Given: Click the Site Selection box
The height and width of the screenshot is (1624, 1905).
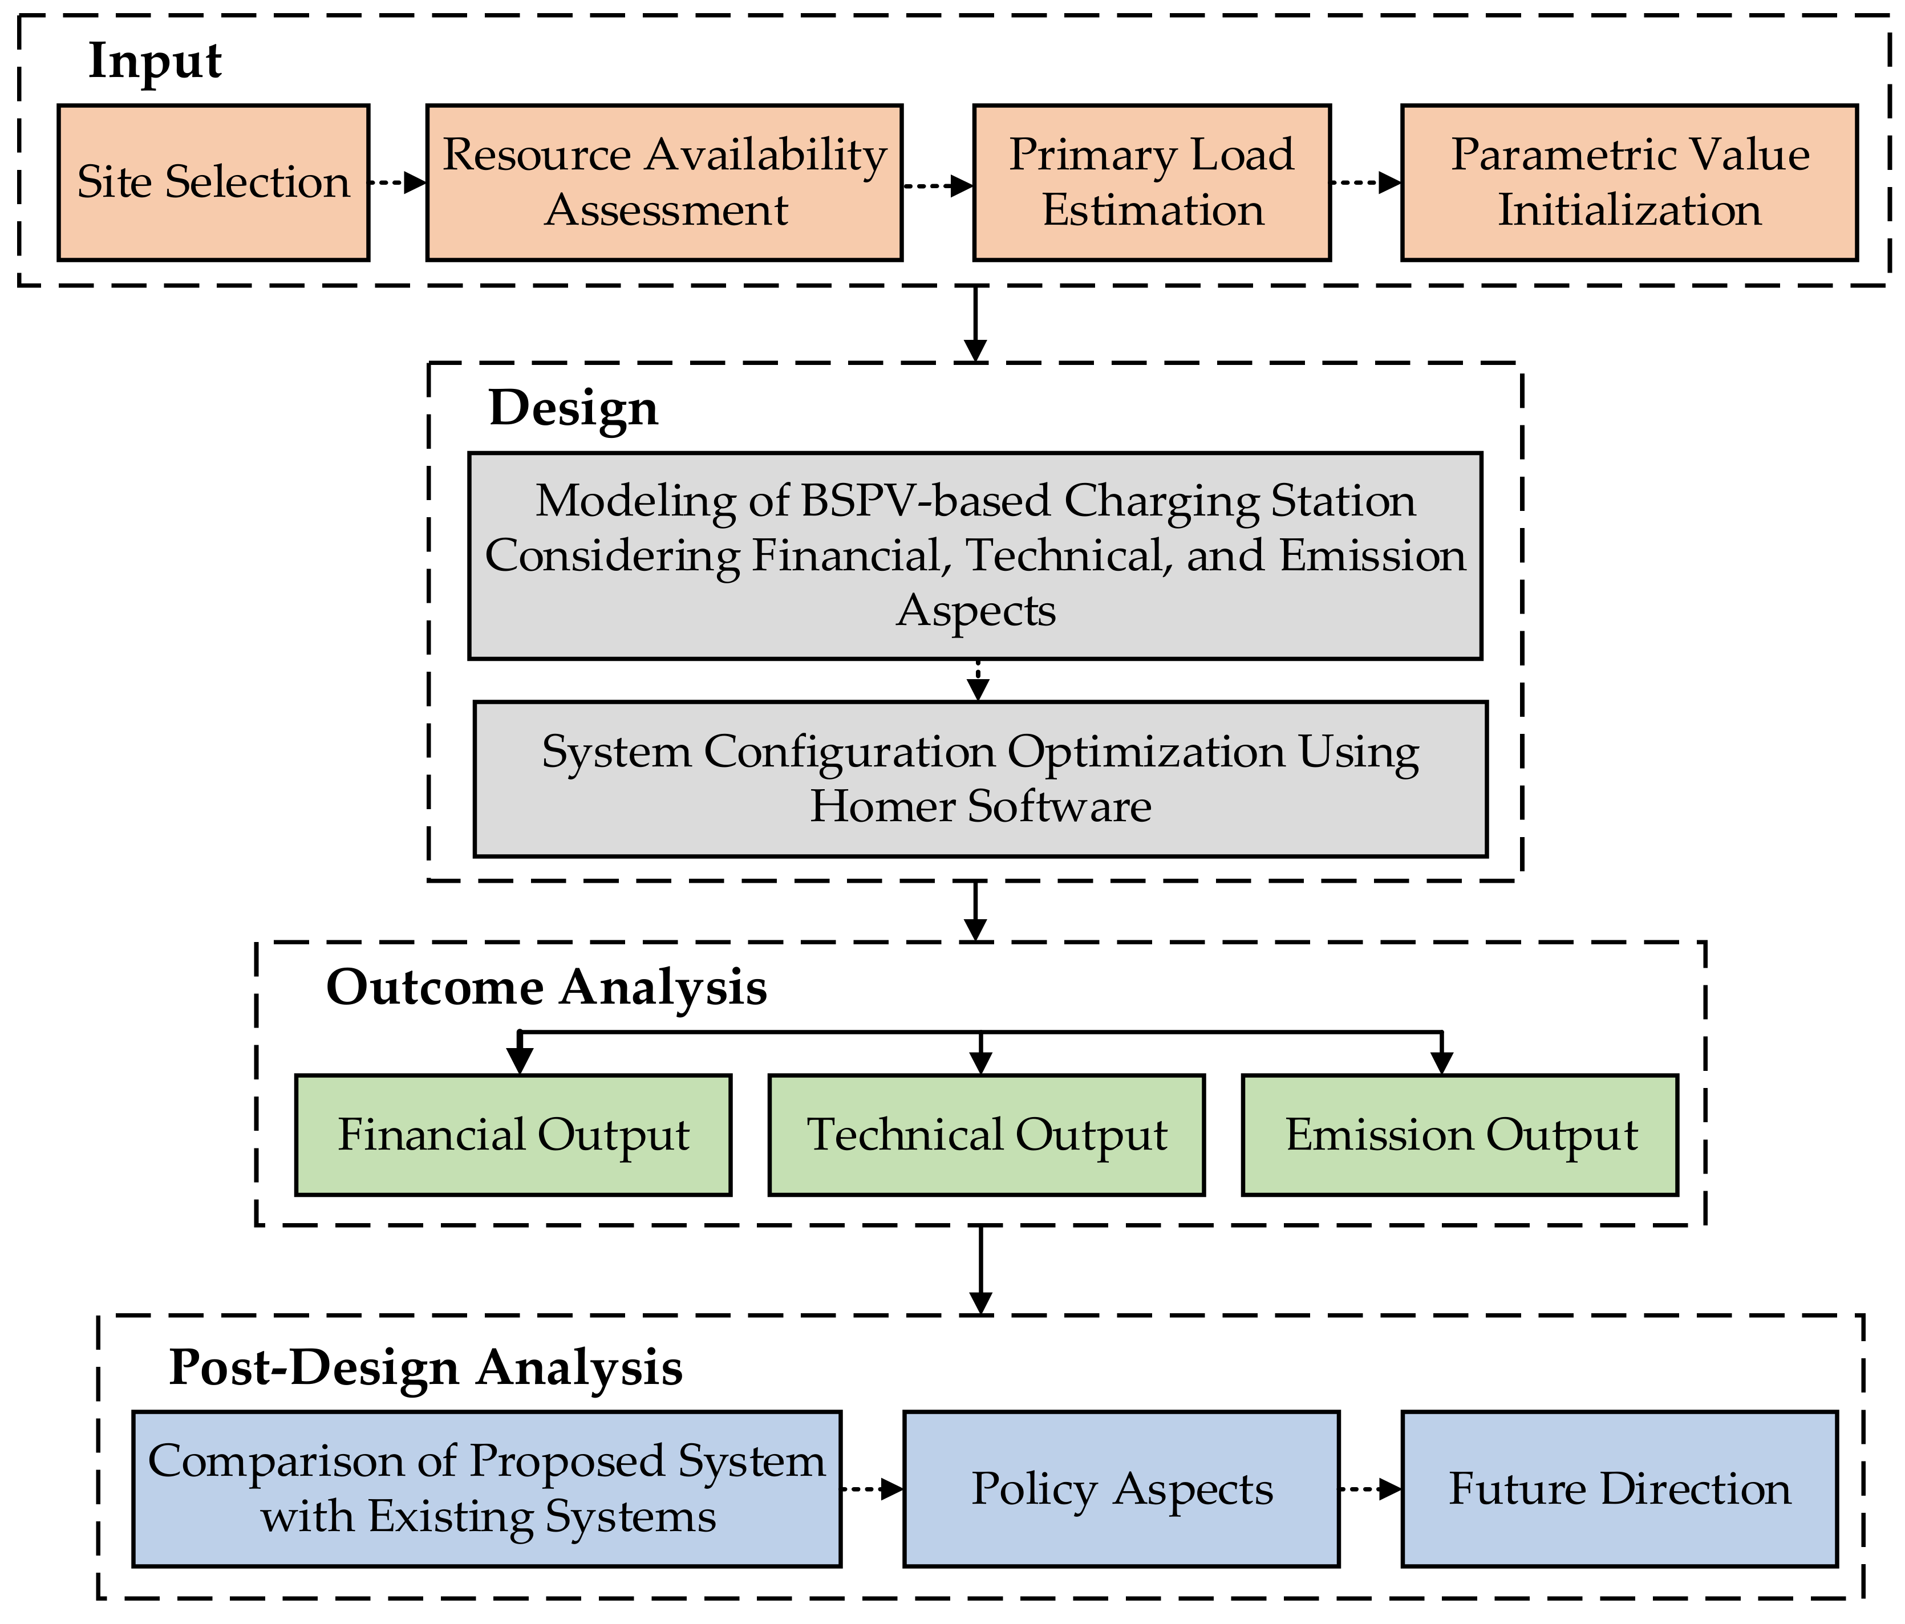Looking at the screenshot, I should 213,182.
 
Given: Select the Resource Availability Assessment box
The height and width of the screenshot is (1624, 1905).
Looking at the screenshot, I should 664,182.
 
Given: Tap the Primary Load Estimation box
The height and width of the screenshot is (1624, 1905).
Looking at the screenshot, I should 1151,182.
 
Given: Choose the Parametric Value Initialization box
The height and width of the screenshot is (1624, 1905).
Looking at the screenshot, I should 1628,182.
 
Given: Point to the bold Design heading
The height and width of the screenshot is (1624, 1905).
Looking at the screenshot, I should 573,409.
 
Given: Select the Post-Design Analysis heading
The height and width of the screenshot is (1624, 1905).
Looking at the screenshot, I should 425,1367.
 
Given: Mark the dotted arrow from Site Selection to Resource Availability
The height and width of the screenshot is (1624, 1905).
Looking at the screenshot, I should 397,183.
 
